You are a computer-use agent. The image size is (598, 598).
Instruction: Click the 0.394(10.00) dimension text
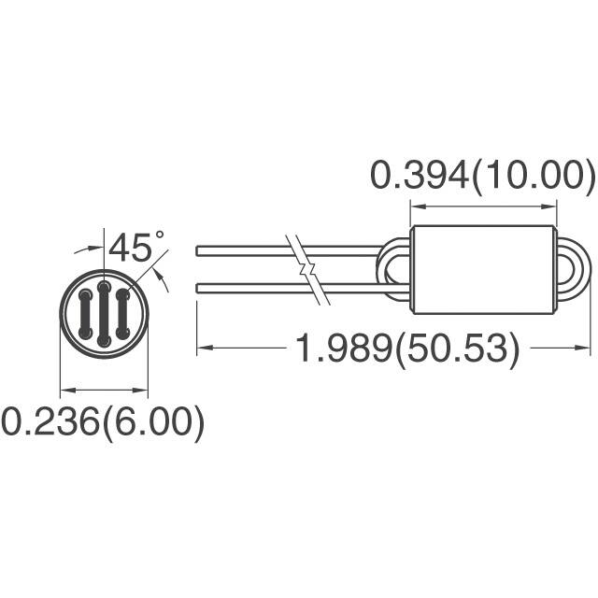coord(482,175)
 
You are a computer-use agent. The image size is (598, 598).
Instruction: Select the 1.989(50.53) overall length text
coord(406,349)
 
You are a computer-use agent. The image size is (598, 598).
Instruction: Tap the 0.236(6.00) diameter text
coord(103,422)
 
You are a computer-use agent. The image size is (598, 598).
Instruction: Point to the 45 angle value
coord(130,249)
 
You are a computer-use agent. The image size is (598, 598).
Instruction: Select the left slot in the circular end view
coord(85,315)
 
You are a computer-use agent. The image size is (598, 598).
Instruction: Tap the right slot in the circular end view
coord(122,315)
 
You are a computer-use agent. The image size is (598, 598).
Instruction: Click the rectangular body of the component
coord(482,268)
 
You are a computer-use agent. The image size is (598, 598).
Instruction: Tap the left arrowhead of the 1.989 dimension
coord(203,349)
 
